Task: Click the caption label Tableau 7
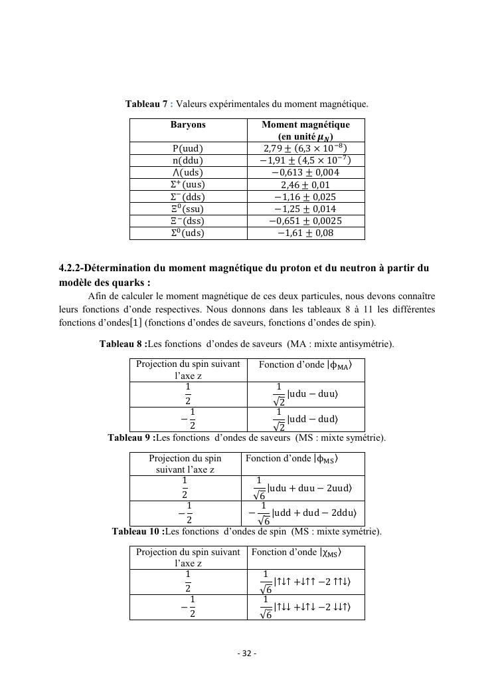146,104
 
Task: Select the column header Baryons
188,124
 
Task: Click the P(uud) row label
188,148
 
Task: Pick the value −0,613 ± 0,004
305,172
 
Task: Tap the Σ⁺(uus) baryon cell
188,185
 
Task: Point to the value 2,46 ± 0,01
305,185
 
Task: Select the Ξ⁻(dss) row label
188,221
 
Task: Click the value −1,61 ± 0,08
305,233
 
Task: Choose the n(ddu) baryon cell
188,160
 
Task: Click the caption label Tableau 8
122,343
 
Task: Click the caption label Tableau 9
131,437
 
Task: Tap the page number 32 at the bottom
247,653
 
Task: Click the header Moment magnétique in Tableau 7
305,124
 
